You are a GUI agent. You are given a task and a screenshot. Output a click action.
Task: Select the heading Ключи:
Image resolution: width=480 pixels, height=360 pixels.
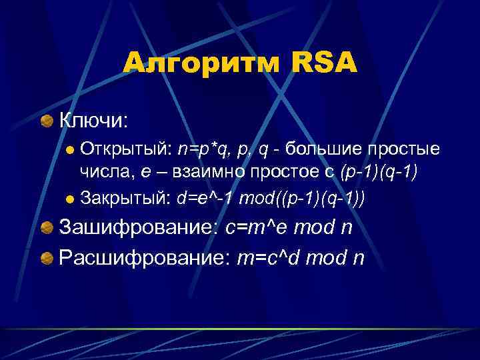click(x=93, y=120)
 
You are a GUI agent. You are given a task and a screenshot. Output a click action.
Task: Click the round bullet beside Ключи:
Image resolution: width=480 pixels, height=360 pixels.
click(x=47, y=121)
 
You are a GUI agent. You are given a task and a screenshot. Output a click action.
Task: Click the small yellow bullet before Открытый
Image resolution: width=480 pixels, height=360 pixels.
click(x=70, y=149)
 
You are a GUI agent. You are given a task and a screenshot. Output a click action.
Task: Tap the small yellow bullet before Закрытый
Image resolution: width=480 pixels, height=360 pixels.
click(x=70, y=199)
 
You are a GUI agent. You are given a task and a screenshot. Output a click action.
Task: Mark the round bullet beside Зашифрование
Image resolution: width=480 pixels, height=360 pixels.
click(x=47, y=229)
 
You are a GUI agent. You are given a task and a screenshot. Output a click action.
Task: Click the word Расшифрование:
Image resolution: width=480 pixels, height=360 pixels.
click(x=146, y=257)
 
